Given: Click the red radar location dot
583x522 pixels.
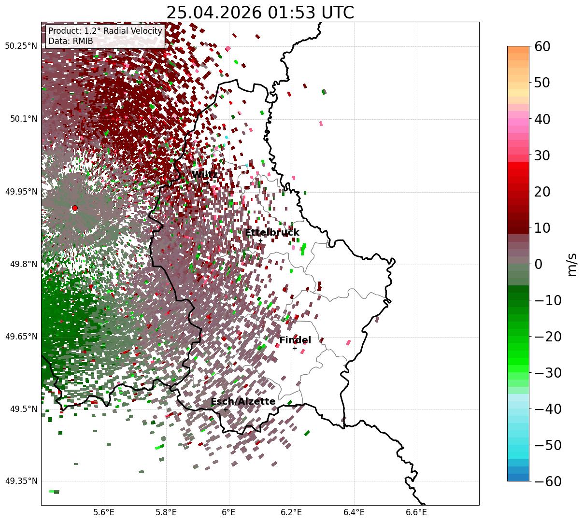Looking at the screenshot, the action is [x=75, y=208].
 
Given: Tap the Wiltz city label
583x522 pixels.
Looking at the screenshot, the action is [x=205, y=174].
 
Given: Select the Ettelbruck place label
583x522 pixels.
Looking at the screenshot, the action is [x=272, y=232].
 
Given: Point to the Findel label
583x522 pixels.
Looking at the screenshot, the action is [x=295, y=340].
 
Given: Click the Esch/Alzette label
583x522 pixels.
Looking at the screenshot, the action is [x=243, y=401].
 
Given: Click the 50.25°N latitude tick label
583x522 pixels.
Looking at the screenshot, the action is [x=21, y=46].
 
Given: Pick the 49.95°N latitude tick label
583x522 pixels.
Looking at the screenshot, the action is [x=21, y=192].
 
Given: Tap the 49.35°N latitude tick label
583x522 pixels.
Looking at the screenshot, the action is [x=21, y=481].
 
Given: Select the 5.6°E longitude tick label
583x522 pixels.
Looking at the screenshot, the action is [x=104, y=512].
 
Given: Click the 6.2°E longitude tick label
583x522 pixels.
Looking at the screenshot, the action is [x=292, y=512].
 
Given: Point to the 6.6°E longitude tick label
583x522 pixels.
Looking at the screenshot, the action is [x=416, y=512].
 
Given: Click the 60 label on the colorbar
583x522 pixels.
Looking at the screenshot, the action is [x=542, y=46].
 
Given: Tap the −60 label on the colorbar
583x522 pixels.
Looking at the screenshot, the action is [x=548, y=481].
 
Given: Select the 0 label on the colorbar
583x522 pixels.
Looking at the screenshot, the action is [x=539, y=264].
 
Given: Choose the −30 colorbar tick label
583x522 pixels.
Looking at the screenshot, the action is [x=548, y=373].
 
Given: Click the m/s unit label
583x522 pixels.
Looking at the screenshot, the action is [x=572, y=265].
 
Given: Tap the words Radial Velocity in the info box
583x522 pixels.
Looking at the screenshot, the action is [x=133, y=31].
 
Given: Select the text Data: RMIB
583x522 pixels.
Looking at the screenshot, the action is [x=71, y=41].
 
